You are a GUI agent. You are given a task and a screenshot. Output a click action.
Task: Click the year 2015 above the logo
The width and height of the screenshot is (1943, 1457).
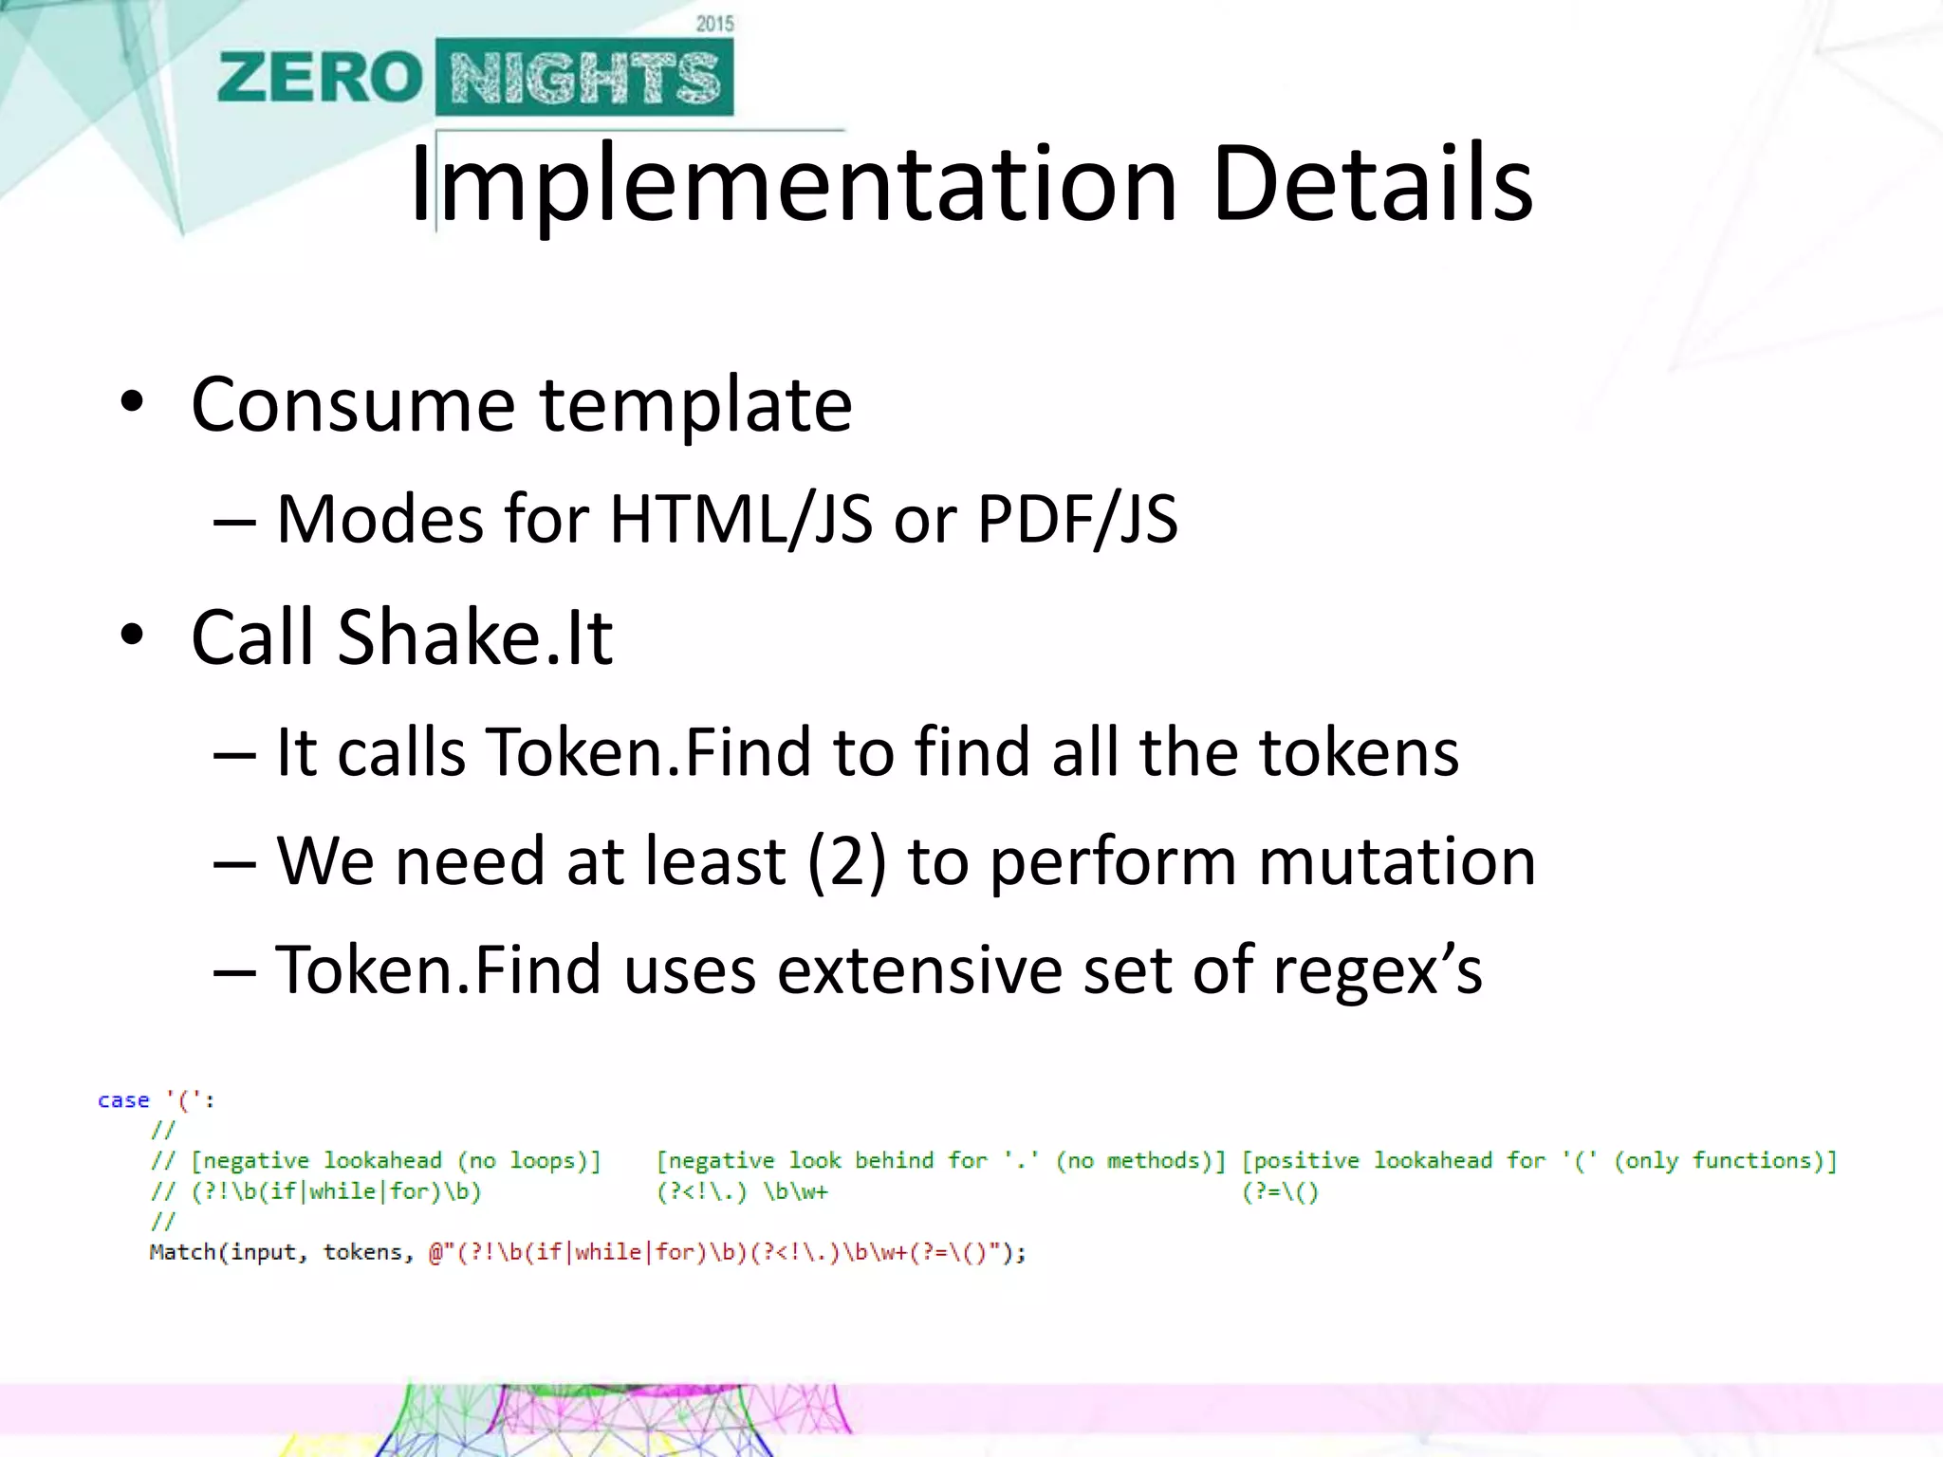pos(714,24)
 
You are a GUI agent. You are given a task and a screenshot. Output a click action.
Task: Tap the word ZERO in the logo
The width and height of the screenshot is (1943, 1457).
pos(319,78)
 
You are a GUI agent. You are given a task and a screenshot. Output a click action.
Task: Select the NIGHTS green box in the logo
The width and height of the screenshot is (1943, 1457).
pos(584,78)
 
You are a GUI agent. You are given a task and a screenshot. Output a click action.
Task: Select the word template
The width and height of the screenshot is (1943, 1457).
pos(696,405)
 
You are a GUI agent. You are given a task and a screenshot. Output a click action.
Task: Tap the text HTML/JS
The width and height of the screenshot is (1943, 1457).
pos(741,520)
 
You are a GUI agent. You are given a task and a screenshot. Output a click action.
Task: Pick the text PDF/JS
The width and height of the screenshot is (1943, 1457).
pos(1078,520)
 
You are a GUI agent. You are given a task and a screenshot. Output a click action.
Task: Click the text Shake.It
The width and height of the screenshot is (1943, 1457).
pos(474,636)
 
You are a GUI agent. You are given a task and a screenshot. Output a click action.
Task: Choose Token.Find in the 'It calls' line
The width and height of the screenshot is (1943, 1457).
pos(652,752)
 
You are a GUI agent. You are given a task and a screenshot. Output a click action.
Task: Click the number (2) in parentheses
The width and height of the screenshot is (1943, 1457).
pos(847,861)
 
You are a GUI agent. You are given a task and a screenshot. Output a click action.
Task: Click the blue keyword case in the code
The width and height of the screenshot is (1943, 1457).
pos(123,1100)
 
